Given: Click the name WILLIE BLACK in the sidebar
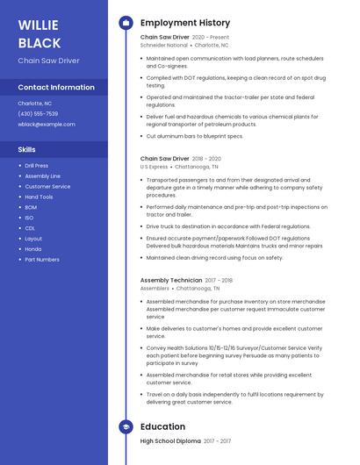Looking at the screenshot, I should pos(40,32).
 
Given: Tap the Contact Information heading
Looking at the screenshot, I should pos(56,87).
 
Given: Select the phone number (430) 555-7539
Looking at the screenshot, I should pos(38,113).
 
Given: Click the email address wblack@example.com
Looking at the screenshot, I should pos(47,124).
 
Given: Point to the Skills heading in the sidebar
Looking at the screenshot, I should pos(27,149).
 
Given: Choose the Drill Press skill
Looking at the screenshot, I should pos(37,165).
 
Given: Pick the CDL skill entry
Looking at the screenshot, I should pos(30,228).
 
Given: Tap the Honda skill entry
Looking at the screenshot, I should pos(32,249).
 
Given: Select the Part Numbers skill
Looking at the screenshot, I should pos(42,260).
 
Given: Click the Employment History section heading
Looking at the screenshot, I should pos(185,23).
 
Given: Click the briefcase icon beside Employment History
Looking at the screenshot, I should pos(126,23).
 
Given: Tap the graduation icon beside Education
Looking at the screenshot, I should pos(126,427).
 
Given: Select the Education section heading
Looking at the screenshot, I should pos(162,427).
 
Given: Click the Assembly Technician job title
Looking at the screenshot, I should pos(171,280).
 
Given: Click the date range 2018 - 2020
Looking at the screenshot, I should pos(207,159).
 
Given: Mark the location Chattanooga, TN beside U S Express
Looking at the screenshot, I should pos(197,167).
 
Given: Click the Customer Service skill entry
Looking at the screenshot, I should pos(47,186).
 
